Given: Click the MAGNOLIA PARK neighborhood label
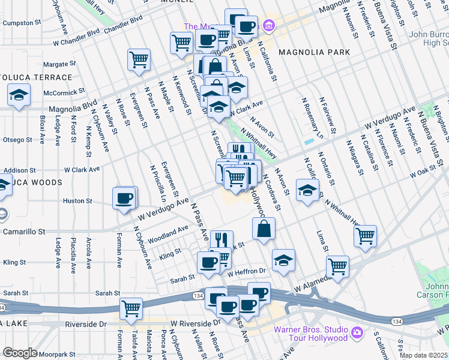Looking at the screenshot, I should tap(314, 52).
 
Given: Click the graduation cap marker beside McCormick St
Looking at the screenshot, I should tap(19, 95).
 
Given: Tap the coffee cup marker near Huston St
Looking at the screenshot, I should tap(124, 199).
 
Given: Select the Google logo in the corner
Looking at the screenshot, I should tap(20, 353).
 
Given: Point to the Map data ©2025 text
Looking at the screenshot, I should tap(423, 355).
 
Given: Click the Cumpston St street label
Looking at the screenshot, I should tap(22, 23).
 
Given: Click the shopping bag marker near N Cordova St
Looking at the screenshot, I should tap(264, 229).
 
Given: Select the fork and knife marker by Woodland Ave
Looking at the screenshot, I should tap(221, 241).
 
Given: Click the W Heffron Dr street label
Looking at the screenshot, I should tap(246, 272).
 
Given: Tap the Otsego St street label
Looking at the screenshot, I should tap(17, 140).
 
